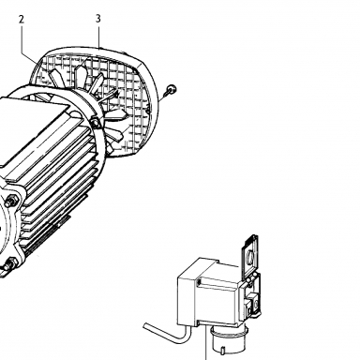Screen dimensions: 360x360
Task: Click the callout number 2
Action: (x=22, y=20)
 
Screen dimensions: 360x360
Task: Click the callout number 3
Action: (x=98, y=19)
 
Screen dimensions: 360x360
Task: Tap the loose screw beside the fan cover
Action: (x=172, y=89)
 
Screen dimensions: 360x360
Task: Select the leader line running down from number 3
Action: (x=99, y=37)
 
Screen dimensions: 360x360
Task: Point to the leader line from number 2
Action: (x=28, y=45)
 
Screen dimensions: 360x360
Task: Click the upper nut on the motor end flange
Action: (x=12, y=200)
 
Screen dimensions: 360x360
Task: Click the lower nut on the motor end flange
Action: (x=10, y=263)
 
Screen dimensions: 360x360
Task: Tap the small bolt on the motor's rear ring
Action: (x=96, y=122)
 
